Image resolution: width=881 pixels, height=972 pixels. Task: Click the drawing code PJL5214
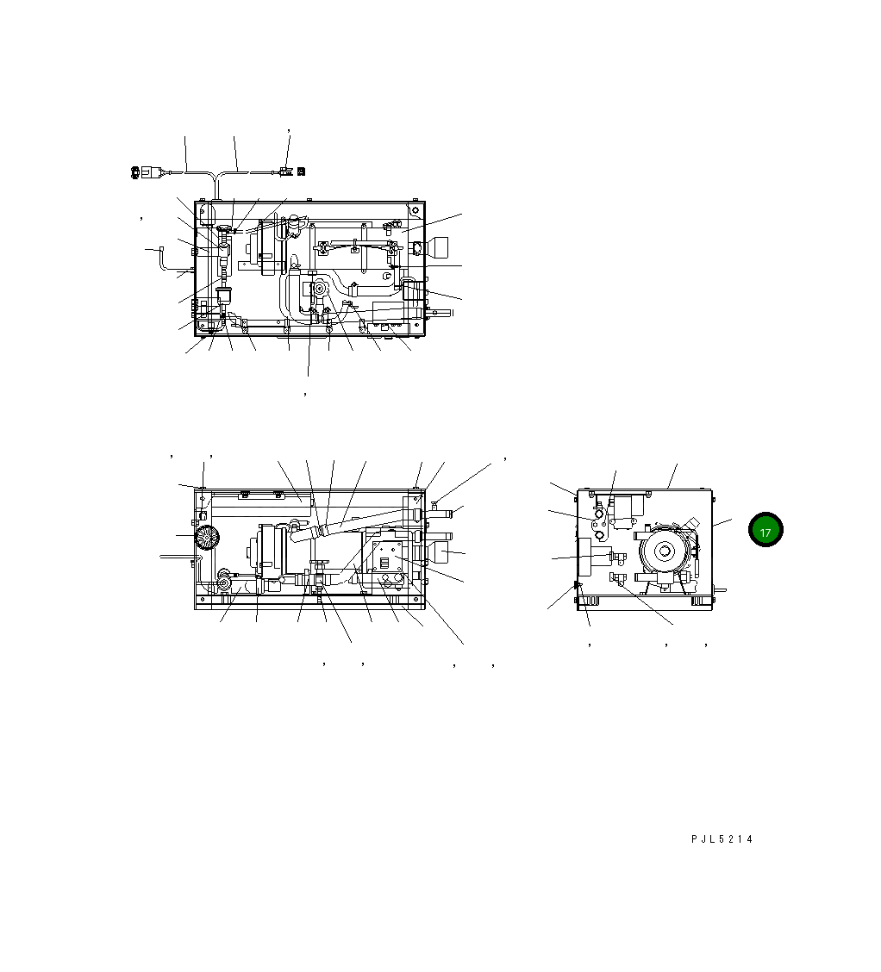(722, 838)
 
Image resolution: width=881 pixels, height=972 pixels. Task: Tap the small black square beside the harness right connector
(301, 171)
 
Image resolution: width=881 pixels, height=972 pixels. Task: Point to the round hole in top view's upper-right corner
(415, 209)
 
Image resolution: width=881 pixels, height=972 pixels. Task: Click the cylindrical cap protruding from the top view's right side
(440, 248)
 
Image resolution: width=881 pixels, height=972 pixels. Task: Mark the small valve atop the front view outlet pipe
(434, 504)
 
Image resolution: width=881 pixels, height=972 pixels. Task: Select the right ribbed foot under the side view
(697, 601)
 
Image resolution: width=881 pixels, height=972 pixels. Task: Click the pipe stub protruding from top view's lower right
(436, 314)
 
